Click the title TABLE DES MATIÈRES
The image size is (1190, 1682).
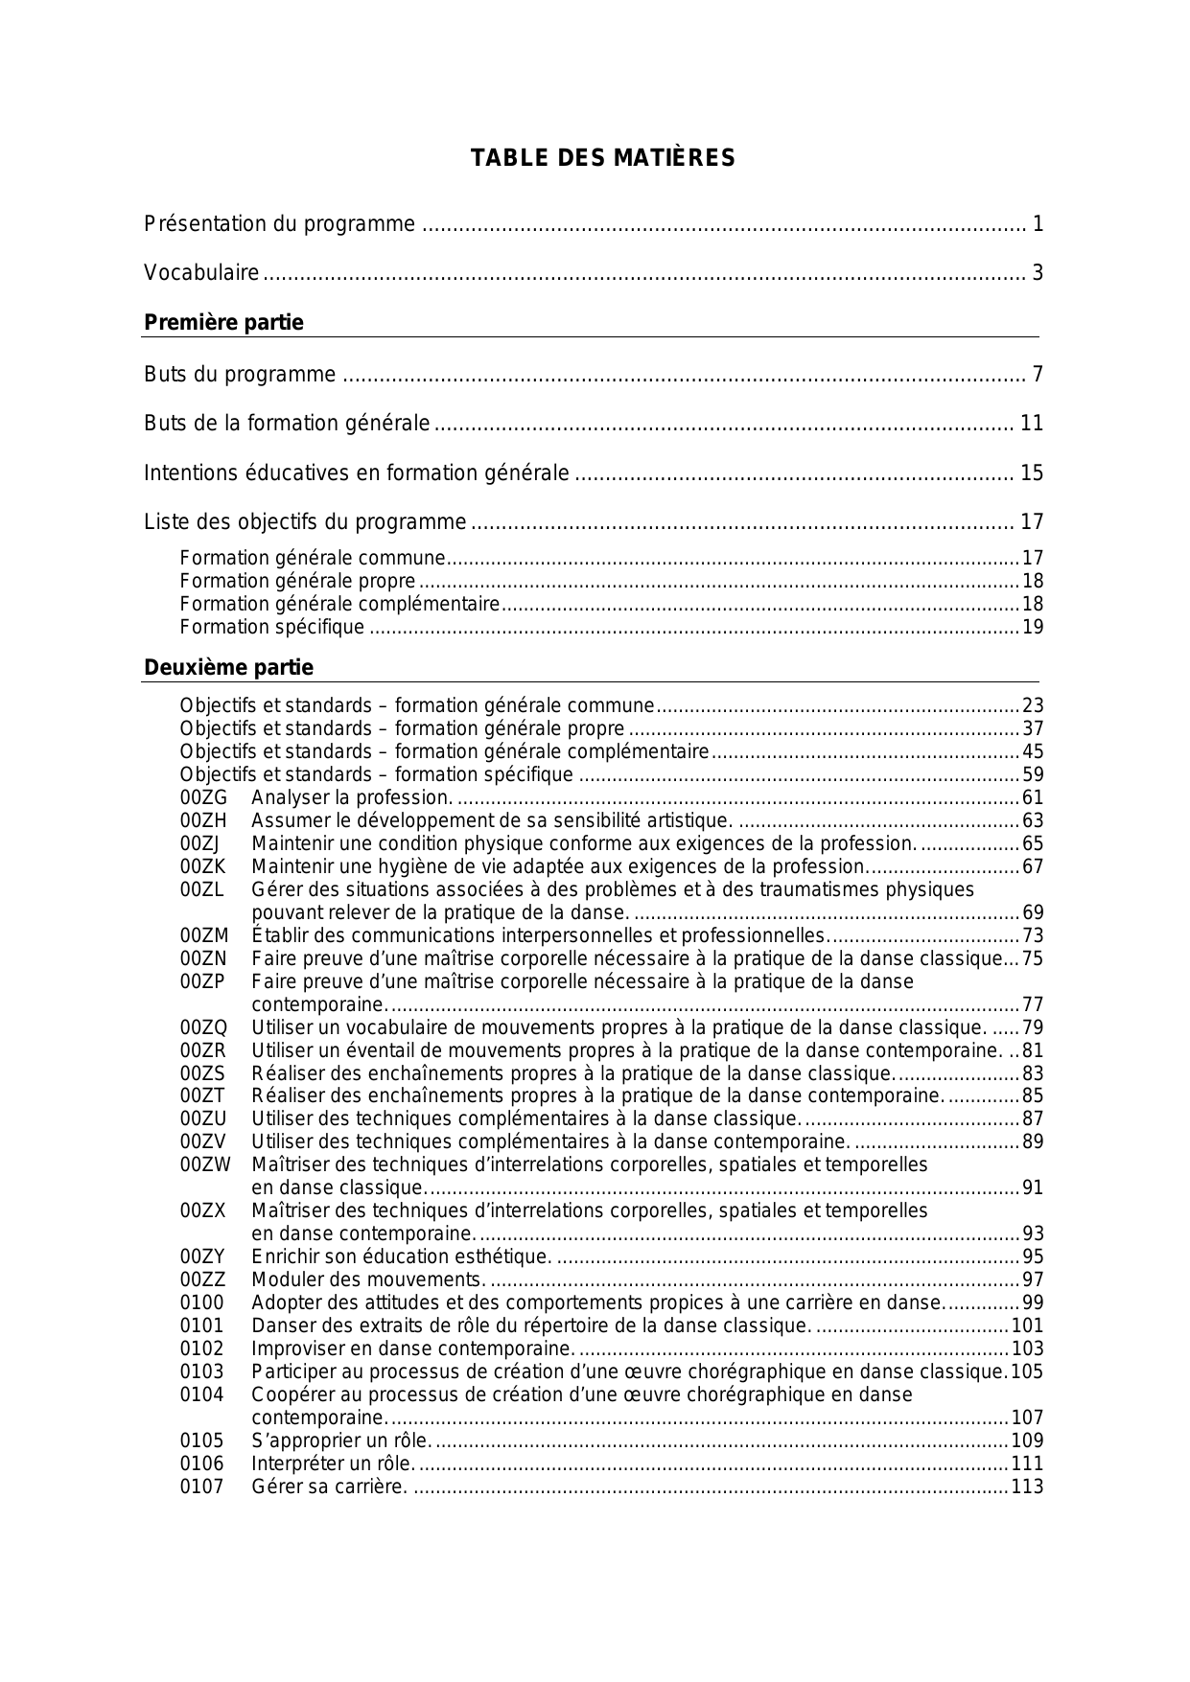point(602,158)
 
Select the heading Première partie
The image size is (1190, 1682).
point(223,323)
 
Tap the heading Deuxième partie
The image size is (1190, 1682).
point(228,667)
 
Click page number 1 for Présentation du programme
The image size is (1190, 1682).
point(1038,224)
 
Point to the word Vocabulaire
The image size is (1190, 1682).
point(201,273)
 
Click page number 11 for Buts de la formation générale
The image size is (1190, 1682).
point(1031,424)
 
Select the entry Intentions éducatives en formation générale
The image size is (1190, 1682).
point(356,473)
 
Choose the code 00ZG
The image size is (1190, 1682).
point(203,798)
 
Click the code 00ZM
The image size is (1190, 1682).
point(204,935)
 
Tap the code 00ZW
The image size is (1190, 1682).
point(205,1165)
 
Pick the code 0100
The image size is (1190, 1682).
point(201,1303)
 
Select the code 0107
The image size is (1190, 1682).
point(201,1486)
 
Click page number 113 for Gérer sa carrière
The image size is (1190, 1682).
point(1027,1486)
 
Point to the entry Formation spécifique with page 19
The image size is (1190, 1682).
point(272,628)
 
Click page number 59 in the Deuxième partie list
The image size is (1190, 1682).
point(1033,775)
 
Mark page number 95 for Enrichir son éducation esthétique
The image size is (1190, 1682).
point(1033,1257)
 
